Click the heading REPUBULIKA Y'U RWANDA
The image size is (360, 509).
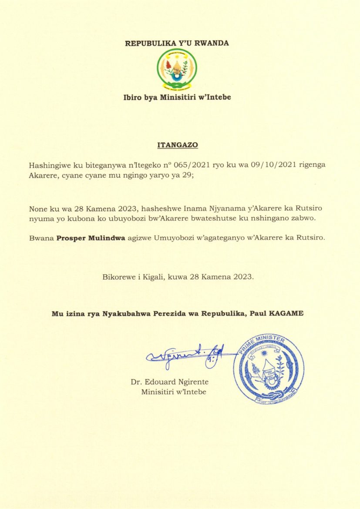point(177,43)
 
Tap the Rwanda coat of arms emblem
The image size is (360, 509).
point(177,68)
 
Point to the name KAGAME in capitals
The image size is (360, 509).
point(286,313)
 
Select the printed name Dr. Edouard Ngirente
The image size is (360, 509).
point(169,382)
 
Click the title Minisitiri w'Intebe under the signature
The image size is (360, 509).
point(174,392)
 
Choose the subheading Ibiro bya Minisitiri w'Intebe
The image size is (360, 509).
point(177,97)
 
